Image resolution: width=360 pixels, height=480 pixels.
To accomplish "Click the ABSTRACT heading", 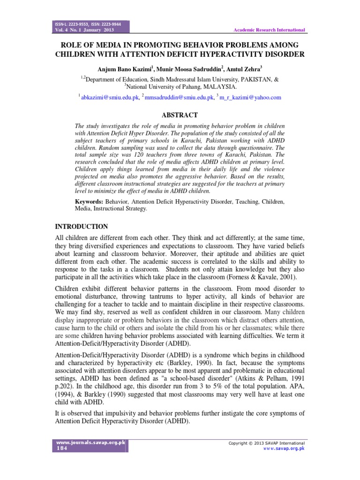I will coord(180,115).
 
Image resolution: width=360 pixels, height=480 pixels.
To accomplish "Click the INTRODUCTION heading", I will coord(82,226).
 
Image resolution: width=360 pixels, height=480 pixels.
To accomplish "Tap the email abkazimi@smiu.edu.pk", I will coord(110,97).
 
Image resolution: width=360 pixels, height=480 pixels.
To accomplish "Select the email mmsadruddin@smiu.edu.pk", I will coord(178,97).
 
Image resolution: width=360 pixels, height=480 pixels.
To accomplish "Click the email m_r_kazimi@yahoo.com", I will coord(250,97).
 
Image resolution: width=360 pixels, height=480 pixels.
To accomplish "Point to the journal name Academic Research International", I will coord(269,30).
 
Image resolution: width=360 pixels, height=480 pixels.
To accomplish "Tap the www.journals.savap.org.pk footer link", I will coord(91,442).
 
